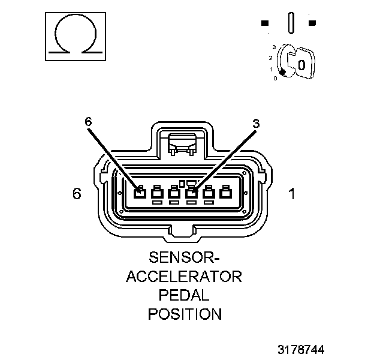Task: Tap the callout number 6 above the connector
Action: [x=89, y=121]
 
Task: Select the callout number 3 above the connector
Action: [x=256, y=123]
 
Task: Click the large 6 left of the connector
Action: [x=76, y=194]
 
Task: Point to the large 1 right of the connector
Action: [x=291, y=194]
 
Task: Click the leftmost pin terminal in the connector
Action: [x=139, y=193]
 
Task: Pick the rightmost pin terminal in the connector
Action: [x=226, y=193]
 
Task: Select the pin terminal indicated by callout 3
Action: [x=191, y=193]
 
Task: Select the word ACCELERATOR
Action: [x=185, y=277]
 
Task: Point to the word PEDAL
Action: [x=185, y=295]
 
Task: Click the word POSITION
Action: [x=185, y=313]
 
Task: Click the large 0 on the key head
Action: [x=302, y=64]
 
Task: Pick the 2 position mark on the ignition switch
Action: [x=270, y=58]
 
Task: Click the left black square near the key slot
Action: [x=265, y=23]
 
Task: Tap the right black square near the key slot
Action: [x=312, y=23]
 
